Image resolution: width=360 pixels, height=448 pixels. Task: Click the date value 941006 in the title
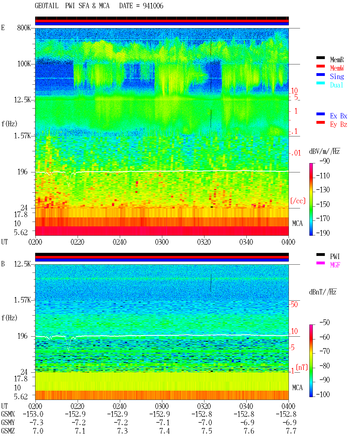coord(153,6)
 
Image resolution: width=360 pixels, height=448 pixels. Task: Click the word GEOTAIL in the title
coord(47,6)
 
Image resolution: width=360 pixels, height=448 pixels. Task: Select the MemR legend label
coord(337,60)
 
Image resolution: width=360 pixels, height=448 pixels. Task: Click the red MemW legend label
coord(337,68)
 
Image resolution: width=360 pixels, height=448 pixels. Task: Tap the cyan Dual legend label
coord(336,85)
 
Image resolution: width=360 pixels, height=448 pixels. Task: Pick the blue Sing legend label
coord(337,76)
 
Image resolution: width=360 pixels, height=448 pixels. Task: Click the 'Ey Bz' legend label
coord(339,125)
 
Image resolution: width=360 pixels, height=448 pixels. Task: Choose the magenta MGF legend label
coord(335,265)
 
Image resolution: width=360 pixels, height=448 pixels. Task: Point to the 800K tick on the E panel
coord(24,28)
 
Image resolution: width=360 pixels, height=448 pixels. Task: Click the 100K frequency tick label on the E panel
coord(24,64)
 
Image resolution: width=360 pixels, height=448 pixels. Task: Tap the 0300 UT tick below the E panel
coord(162,242)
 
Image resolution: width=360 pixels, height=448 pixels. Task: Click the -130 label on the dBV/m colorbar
coord(323,190)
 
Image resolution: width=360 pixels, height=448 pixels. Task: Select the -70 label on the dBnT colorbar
coord(325,351)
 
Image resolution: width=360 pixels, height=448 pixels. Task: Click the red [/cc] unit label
coord(298,201)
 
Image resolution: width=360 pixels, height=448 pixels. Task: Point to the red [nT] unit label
coord(302,367)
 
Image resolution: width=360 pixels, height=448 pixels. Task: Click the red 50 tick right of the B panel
coord(294,304)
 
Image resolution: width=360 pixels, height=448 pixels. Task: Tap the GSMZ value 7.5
coord(207,431)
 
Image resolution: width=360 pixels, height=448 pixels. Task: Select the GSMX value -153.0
coord(33,414)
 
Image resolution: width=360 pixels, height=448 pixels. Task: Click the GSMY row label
coord(8,422)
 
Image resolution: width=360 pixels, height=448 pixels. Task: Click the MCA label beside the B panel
coord(297,388)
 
